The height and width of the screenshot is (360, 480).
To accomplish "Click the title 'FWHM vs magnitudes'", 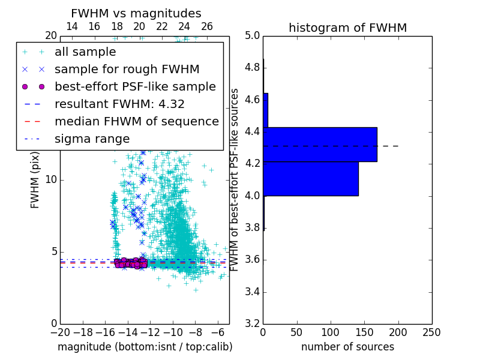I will pos(136,13).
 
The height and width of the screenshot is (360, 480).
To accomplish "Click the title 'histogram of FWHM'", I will pos(347,28).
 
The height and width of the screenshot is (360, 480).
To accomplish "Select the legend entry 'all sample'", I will pos(85,52).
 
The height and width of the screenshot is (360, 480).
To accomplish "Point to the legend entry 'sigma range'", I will pos(92,139).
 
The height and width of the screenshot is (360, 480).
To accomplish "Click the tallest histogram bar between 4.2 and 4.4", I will pos(320,145).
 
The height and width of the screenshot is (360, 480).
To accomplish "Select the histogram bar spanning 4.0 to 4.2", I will pos(311,179).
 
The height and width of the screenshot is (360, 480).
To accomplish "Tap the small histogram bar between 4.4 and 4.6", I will pos(265,110).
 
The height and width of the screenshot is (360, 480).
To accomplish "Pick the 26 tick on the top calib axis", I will pos(207,26).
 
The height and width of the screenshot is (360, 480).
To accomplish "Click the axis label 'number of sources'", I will pos(347,347).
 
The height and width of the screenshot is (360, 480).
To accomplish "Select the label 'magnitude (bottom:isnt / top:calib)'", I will pos(145,347).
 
